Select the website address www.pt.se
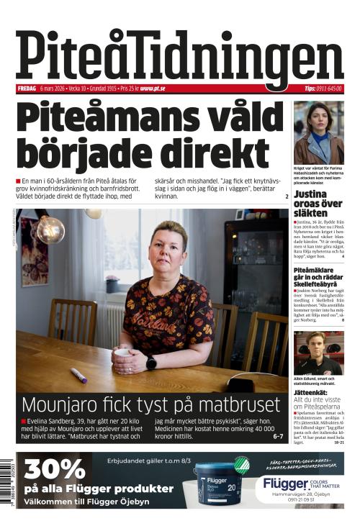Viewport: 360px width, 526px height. coord(153,89)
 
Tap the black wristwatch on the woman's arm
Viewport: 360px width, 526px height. coord(151,363)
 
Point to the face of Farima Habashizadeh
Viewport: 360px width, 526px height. coord(314,115)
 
